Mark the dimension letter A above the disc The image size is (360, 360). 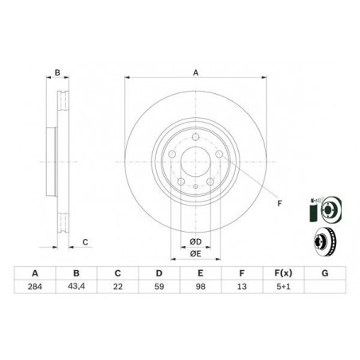[x=195, y=73]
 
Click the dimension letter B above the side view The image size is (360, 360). [x=57, y=73]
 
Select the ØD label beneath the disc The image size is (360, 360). [x=195, y=241]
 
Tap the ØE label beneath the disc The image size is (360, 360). [x=195, y=253]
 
